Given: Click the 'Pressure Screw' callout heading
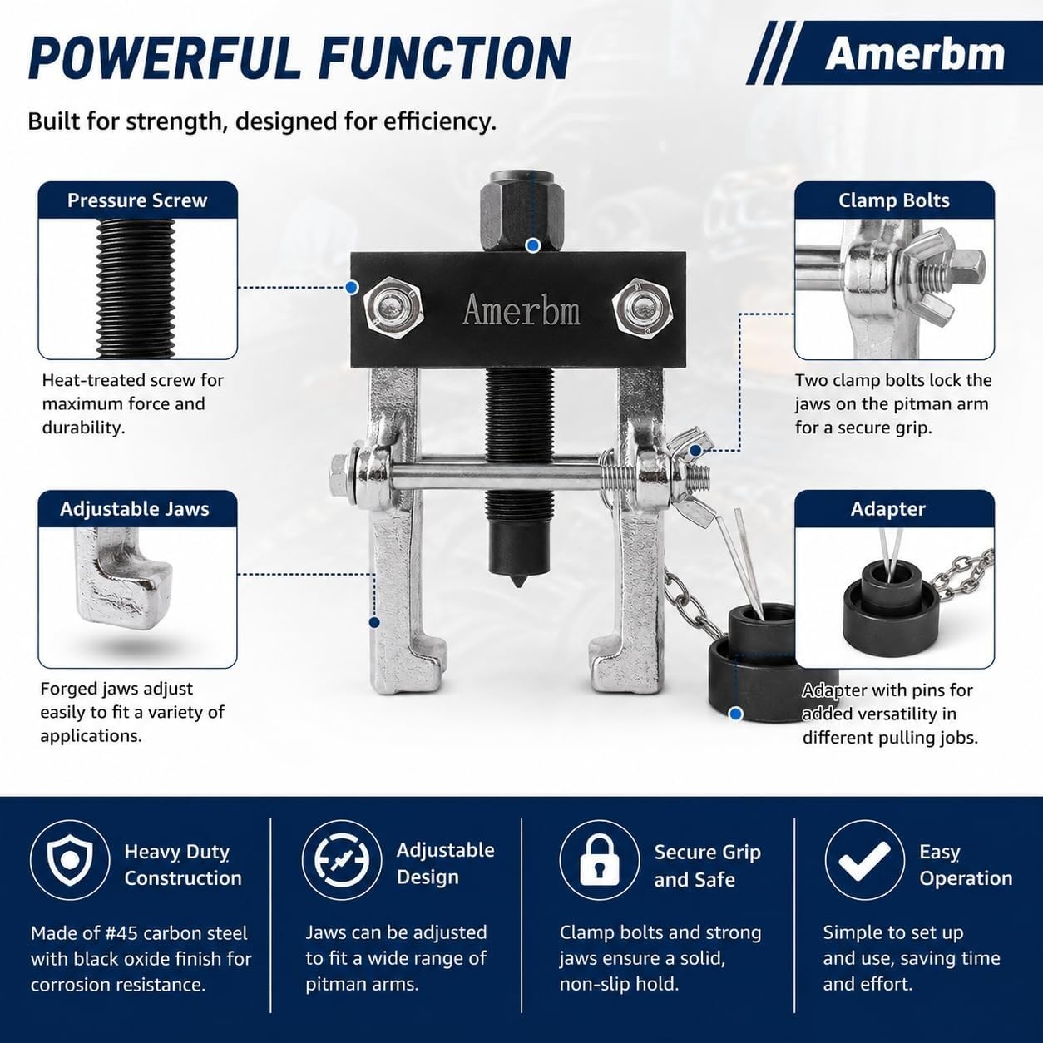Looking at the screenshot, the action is point(137,200).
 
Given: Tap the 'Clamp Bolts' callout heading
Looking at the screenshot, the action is point(893,200).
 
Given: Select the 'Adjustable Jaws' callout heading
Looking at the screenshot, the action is point(134,509).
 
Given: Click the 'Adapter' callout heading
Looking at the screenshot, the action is point(887,509).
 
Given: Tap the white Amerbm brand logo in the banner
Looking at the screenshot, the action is point(915,54).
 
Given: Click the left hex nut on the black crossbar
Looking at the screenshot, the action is point(393,309).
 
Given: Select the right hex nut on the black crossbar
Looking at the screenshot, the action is point(642,309).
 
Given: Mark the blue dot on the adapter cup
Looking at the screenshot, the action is point(735,714).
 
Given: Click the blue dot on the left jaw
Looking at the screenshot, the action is point(374,622).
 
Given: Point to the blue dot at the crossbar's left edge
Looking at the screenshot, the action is point(353,288).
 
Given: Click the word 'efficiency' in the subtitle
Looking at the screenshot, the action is point(440,121).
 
